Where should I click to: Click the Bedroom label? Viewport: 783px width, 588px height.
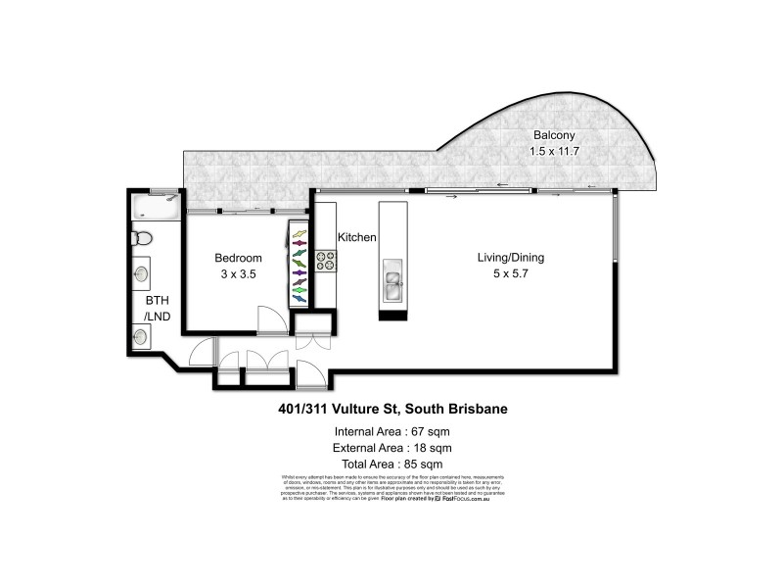239,258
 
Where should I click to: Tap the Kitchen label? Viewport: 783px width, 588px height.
356,238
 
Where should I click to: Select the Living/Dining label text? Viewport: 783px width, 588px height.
510,258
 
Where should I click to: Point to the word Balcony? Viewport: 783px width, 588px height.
553,135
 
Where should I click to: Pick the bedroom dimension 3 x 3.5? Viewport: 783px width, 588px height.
238,275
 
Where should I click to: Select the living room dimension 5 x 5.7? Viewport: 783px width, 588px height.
510,274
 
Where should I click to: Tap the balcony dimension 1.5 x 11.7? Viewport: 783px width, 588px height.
553,151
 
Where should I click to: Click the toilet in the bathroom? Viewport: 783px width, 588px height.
142,236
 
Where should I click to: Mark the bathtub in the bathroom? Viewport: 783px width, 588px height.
156,207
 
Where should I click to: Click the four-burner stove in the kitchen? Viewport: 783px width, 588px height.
325,261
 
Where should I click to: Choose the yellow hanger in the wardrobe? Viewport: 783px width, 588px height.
299,235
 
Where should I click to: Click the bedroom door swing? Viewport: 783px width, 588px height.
268,319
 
